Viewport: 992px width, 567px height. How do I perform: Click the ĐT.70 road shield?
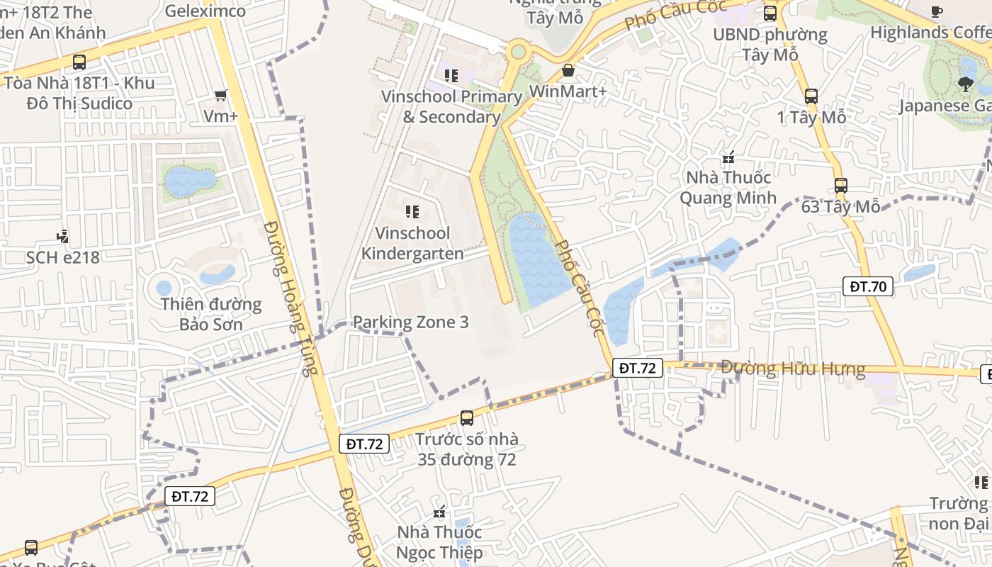click(868, 286)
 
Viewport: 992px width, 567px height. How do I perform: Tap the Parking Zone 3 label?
click(410, 322)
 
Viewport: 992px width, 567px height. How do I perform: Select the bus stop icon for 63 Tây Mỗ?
click(840, 186)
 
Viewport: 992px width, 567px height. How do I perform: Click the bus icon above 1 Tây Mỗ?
click(811, 96)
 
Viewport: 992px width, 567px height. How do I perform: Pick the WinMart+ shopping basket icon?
click(568, 70)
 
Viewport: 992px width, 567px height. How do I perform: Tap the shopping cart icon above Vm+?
click(220, 95)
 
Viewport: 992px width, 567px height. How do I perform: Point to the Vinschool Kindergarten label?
click(412, 243)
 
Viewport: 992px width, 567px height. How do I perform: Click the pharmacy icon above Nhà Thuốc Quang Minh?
click(728, 157)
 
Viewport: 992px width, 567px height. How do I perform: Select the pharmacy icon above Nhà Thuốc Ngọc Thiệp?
click(439, 512)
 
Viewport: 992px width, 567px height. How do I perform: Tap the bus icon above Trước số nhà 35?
click(466, 418)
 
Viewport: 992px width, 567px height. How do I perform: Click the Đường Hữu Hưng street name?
click(793, 369)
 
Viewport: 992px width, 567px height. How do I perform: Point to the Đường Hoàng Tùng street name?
click(291, 298)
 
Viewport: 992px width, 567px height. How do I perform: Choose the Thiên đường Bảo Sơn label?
click(210, 315)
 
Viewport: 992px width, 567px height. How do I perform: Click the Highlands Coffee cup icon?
click(937, 11)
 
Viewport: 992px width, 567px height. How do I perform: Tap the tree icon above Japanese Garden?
click(965, 84)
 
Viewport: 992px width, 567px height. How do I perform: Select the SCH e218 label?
click(63, 257)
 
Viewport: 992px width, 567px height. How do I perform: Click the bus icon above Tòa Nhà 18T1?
click(79, 62)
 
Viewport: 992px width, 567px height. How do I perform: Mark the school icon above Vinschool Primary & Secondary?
click(451, 75)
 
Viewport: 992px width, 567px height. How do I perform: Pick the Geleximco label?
click(205, 11)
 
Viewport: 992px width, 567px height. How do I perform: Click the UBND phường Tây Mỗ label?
click(770, 44)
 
